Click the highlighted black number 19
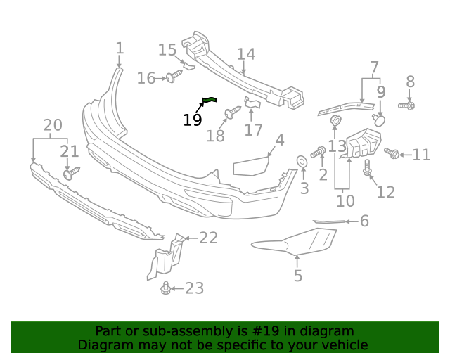192,120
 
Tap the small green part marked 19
210,101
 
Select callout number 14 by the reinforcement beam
245,54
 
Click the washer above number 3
302,162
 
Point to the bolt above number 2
319,151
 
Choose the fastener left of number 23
166,288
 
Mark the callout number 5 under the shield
298,276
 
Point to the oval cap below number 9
380,120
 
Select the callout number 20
53,126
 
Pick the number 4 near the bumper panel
279,140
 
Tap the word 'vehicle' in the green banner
344,345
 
